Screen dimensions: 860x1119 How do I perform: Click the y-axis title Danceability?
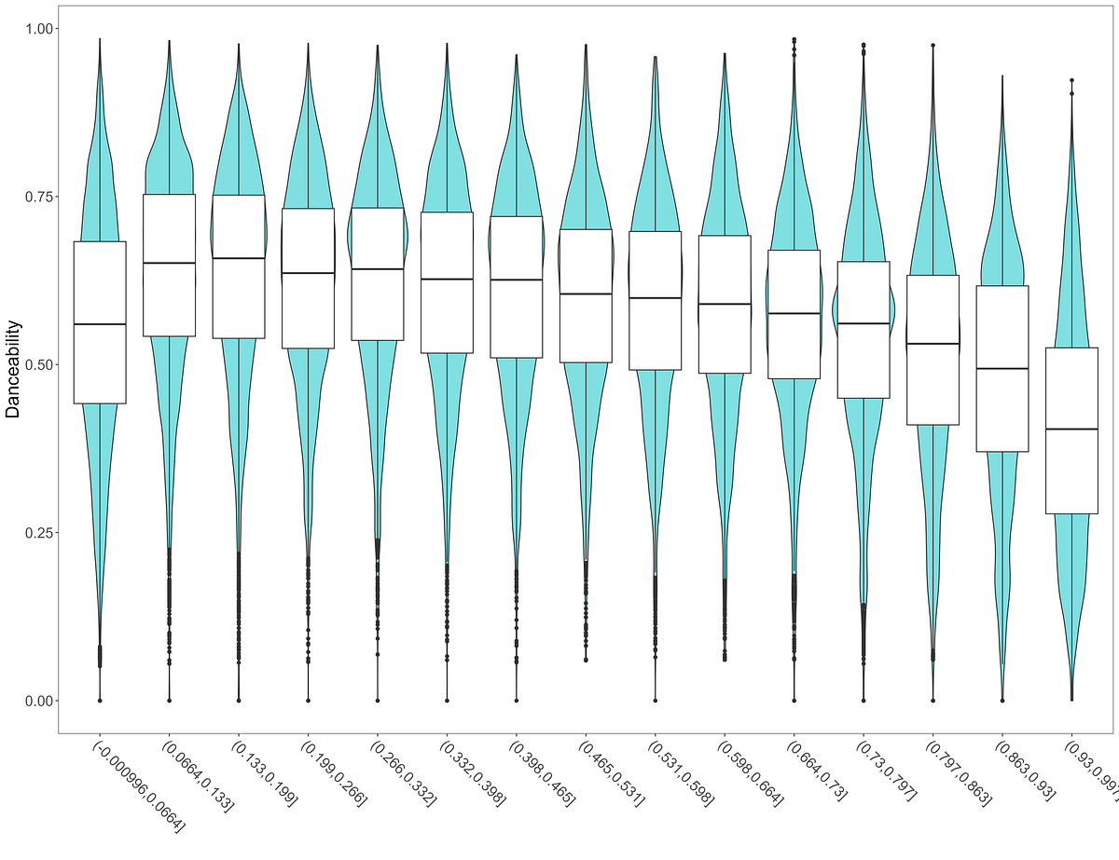tap(14, 368)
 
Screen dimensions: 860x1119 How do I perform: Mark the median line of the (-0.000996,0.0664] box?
tap(100, 324)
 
